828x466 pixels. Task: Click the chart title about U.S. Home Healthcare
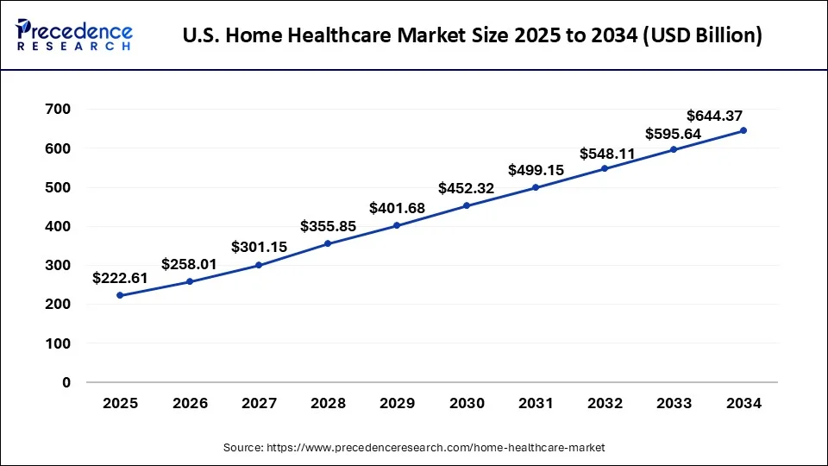pos(473,37)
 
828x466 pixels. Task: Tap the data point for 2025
pos(120,295)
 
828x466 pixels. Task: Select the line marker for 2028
pos(328,243)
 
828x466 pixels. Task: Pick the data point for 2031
pos(536,187)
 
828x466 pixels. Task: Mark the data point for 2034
pos(743,130)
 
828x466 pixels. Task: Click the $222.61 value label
pos(121,278)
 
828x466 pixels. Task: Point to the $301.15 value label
pos(259,247)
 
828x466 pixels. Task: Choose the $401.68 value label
pos(397,208)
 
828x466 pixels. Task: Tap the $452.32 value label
pos(466,188)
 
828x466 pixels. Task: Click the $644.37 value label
pos(714,116)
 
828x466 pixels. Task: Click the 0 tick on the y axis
pos(66,382)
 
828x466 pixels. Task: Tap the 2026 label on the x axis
pos(190,403)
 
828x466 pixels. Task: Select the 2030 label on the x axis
pos(466,403)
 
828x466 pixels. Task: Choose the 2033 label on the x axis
pos(674,403)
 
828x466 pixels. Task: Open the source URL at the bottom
pos(414,447)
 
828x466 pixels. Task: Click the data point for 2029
pos(397,225)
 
